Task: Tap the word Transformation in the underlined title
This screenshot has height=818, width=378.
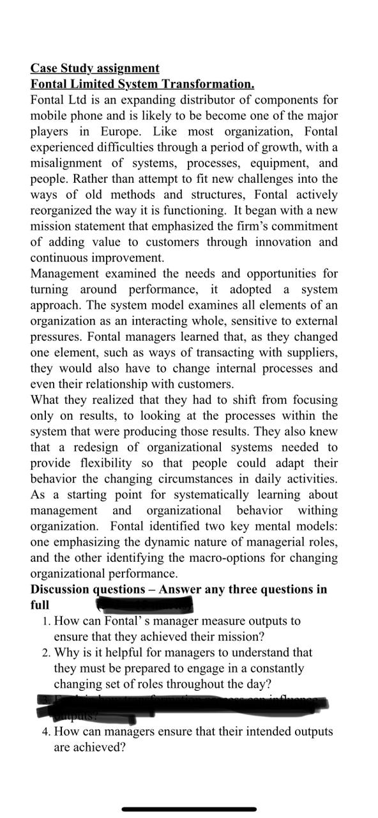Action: coord(208,84)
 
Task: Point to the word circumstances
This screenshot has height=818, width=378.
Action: coord(236,479)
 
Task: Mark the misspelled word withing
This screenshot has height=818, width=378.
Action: coord(314,510)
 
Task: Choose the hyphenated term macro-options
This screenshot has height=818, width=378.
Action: coord(221,557)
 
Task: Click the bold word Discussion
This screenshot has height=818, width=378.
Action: coord(61,589)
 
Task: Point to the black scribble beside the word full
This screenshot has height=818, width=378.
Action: coord(144,603)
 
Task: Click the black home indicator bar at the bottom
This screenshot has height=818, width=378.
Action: coord(189,809)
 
